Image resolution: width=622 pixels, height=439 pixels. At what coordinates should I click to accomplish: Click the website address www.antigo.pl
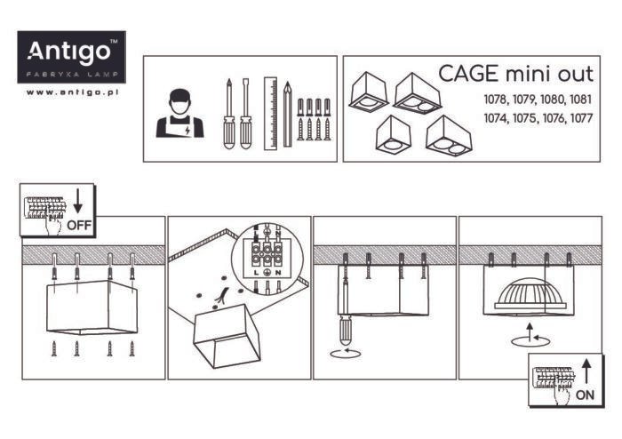tap(73, 92)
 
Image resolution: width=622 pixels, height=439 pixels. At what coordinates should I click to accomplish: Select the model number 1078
tap(498, 99)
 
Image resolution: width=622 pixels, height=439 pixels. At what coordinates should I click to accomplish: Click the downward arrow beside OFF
tap(78, 200)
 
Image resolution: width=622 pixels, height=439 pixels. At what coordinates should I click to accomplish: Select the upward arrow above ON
tap(586, 367)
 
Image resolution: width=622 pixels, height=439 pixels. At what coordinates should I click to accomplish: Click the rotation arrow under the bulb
tap(529, 339)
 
